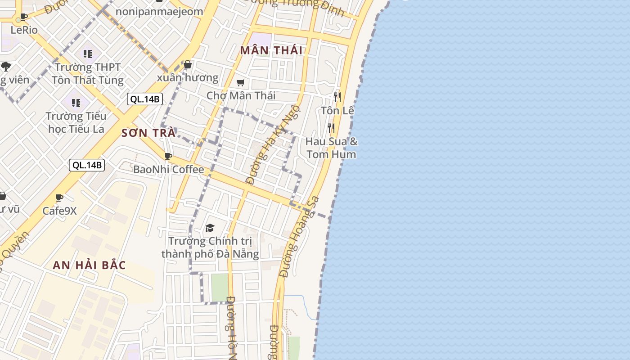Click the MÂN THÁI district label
point(271,50)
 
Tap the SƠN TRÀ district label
point(148,133)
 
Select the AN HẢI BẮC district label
point(89,265)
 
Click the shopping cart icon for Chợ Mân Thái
point(241,82)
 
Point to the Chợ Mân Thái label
point(241,95)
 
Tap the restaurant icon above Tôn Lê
point(337,97)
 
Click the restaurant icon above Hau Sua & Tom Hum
point(331,128)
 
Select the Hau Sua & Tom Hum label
point(331,148)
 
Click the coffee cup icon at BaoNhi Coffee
point(168,156)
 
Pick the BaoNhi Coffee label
point(168,170)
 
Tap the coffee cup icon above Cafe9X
point(59,198)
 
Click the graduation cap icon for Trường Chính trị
point(210,228)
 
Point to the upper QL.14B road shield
point(144,99)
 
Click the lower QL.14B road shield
point(87,165)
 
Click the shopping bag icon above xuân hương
point(188,65)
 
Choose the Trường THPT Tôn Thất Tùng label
point(87,74)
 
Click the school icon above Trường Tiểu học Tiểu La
point(76,103)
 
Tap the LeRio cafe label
point(24,30)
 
